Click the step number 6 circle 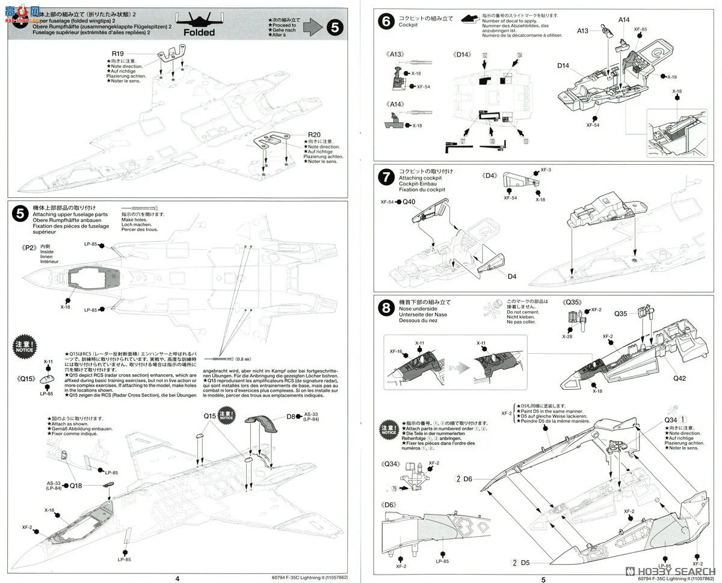point(385,21)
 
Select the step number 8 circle point(385,309)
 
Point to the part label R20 point(314,134)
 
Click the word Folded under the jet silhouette point(197,32)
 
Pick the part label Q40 point(409,202)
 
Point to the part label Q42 point(679,378)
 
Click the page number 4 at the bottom point(177,578)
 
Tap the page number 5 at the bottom point(543,578)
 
